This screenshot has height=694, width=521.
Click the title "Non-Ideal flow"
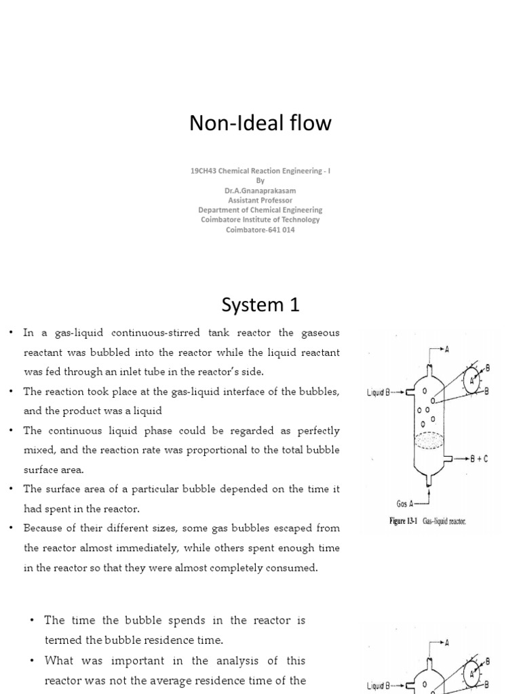tap(260, 123)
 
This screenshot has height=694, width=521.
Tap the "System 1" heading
tap(260, 306)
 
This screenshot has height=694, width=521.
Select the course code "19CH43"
tap(204, 172)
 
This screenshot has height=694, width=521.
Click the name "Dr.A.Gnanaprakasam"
tap(260, 191)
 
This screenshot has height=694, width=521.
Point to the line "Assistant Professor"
tap(260, 201)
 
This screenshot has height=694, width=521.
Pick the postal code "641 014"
tap(281, 229)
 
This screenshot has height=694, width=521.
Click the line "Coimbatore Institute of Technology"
tap(260, 220)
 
